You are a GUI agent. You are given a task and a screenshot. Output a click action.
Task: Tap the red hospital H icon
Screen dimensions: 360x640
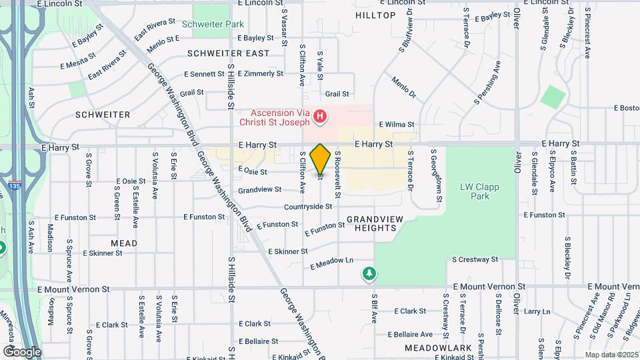321,118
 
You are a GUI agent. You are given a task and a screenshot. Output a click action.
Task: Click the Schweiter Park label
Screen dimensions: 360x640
213,24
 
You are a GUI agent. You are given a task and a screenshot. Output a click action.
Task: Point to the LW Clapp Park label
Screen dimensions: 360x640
479,192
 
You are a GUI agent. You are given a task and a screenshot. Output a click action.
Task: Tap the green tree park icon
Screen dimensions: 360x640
369,273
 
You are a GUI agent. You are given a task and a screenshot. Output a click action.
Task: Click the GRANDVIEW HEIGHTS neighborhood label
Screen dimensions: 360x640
371,223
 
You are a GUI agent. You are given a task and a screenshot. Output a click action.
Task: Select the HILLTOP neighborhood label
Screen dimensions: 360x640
375,15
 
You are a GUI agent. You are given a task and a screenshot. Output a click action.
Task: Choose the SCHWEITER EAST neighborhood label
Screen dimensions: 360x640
229,53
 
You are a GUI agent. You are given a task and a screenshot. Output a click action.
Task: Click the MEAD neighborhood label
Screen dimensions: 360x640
124,243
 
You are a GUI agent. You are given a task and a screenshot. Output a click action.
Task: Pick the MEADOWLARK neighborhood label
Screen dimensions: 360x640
437,348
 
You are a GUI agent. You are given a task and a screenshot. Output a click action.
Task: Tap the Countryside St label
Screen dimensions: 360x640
307,207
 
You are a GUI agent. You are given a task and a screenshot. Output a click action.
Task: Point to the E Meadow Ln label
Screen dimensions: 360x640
331,263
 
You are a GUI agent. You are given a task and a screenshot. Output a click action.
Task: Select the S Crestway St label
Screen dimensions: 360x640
475,259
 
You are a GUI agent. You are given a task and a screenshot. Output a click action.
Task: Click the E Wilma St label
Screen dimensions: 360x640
397,125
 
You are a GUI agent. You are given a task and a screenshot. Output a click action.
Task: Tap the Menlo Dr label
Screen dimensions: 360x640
403,87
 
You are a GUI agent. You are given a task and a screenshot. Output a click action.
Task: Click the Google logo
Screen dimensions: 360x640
22,352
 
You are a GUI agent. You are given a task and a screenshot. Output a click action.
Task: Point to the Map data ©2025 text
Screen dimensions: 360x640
611,355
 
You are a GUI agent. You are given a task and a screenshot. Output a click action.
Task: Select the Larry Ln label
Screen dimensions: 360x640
537,311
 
